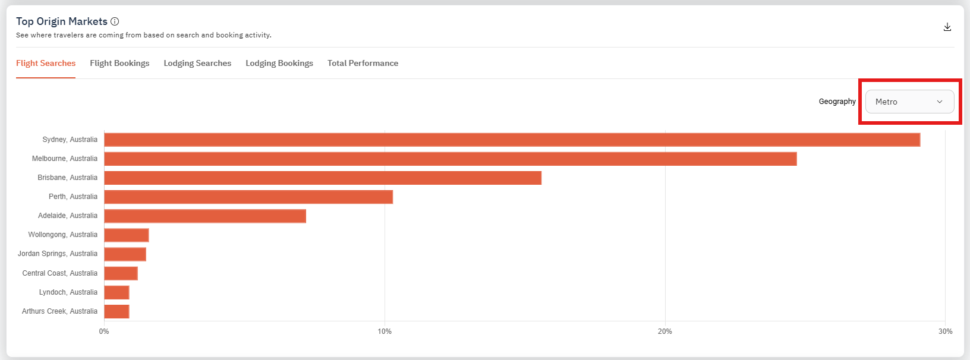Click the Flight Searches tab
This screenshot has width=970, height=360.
(46, 64)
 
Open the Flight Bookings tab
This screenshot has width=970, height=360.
(119, 64)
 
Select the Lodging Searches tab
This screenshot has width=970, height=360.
(197, 64)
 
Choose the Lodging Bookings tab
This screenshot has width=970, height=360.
(279, 64)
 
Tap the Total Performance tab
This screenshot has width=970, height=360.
(363, 64)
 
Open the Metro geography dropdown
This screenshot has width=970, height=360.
(909, 102)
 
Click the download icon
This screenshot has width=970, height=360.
(947, 27)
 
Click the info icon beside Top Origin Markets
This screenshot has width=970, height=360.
(115, 21)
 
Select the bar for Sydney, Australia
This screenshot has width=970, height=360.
(512, 140)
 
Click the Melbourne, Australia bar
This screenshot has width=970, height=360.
(450, 159)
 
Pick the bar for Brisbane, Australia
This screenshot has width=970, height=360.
(323, 178)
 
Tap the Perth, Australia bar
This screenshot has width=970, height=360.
(248, 197)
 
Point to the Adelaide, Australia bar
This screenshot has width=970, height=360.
(205, 216)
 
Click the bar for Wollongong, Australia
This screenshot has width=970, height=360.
(126, 235)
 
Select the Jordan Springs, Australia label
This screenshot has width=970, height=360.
(58, 254)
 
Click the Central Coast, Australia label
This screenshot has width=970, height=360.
(60, 273)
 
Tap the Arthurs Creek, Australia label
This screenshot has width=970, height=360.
(59, 311)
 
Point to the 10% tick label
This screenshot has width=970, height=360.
(385, 331)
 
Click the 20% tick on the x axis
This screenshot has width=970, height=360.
(664, 331)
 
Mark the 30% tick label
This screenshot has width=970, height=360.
(945, 331)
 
